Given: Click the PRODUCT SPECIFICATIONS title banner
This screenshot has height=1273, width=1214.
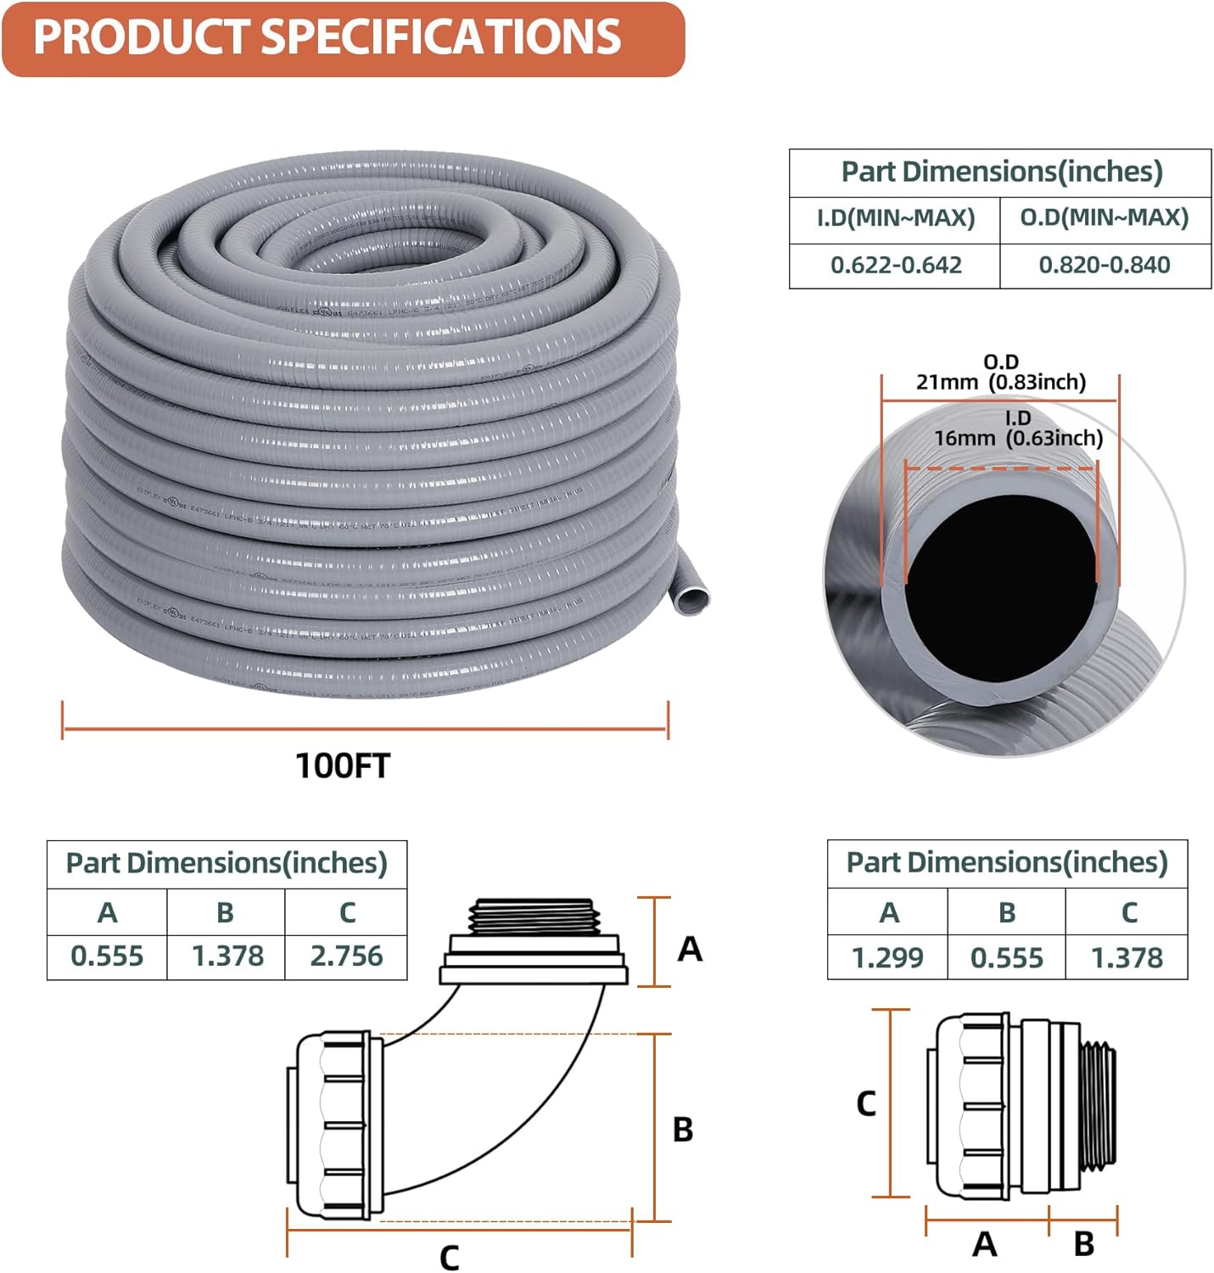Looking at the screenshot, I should [342, 38].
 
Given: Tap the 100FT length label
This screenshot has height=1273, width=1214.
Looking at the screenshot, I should [342, 765].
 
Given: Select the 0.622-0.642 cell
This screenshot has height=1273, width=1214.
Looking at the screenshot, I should [895, 266].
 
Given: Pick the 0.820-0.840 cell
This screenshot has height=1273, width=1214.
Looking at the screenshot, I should [1105, 266].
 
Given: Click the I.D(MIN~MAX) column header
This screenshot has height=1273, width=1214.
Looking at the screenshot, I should [895, 218].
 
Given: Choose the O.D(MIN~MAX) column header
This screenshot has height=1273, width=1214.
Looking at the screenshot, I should [1105, 218].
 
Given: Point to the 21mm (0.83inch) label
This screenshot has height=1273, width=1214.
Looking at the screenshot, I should [1000, 382].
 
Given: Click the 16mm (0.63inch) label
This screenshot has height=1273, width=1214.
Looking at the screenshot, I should [1018, 438].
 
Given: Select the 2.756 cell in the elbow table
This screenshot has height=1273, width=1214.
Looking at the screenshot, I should [346, 956].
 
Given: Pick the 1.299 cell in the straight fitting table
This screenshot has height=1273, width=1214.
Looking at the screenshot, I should [887, 958].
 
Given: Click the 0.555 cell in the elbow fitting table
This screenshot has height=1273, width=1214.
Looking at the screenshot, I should [107, 956].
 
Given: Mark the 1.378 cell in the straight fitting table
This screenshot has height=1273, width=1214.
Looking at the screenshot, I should [1127, 958].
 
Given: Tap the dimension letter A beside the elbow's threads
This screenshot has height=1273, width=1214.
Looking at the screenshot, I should [690, 949].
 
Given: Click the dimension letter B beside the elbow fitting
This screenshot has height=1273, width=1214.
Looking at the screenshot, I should [683, 1130].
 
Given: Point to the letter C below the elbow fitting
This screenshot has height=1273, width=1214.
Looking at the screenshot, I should [449, 1257].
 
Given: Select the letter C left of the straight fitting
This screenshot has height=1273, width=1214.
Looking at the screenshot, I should [865, 1103].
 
